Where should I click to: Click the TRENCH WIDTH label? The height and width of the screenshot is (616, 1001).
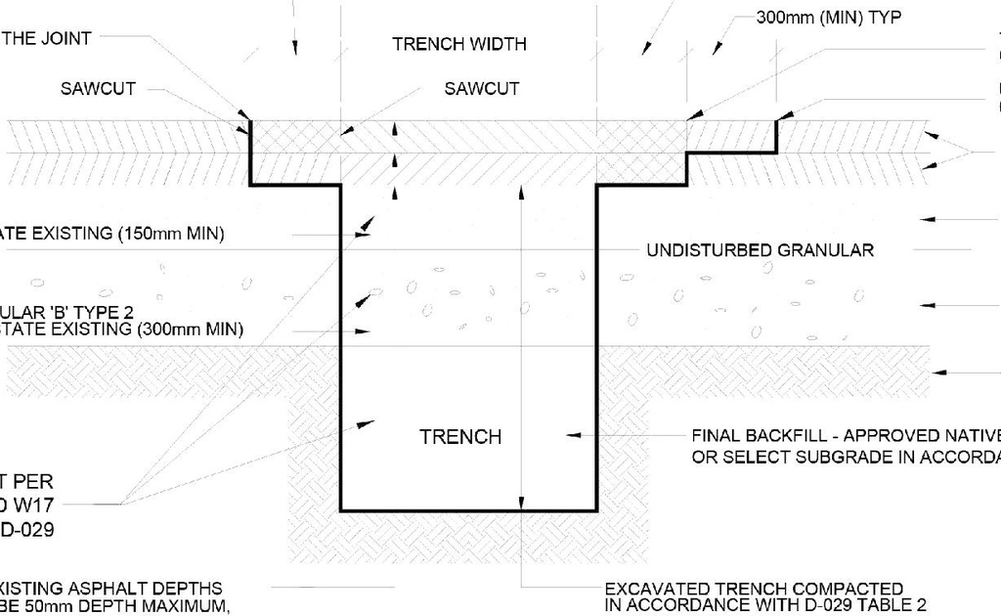click(x=458, y=44)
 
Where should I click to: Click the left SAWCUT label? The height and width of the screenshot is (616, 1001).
click(x=98, y=89)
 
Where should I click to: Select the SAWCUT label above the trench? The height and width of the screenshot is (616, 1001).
click(x=481, y=89)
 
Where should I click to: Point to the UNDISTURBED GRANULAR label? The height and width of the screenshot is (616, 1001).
click(x=760, y=250)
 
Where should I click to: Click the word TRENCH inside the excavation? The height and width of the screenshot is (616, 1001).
click(x=460, y=437)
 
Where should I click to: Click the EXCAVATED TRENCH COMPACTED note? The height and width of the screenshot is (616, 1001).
click(x=754, y=589)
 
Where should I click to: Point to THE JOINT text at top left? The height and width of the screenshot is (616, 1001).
click(x=46, y=38)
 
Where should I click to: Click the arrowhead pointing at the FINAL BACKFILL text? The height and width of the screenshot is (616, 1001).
click(x=574, y=434)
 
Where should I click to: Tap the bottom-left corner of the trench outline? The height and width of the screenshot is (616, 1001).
click(x=341, y=509)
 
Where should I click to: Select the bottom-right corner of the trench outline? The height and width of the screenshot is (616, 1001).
click(x=596, y=509)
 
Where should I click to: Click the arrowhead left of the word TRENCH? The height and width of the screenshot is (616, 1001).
click(x=367, y=422)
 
